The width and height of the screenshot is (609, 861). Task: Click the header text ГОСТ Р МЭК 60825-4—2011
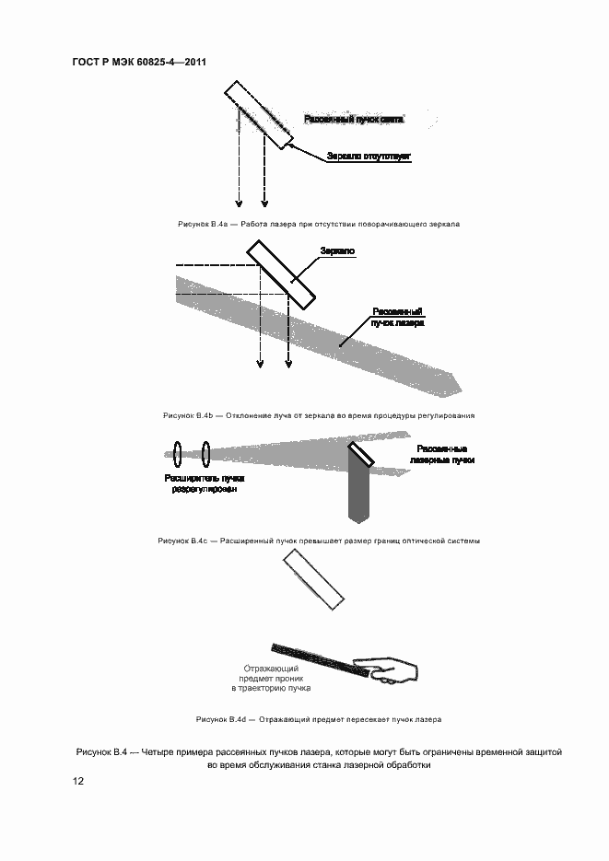(x=138, y=63)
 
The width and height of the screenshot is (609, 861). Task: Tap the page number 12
(x=78, y=781)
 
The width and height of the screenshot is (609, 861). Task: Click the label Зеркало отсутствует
(x=369, y=157)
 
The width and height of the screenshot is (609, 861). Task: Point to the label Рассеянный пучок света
(x=355, y=120)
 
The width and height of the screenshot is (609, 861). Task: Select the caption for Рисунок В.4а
(x=318, y=224)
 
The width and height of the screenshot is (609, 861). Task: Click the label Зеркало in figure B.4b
(x=337, y=250)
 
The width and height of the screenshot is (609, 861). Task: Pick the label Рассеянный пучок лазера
(x=397, y=318)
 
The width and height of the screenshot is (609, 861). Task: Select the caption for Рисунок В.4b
(x=318, y=415)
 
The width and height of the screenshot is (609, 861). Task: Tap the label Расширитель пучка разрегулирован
(x=204, y=484)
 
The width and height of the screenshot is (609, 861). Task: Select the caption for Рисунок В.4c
(x=318, y=541)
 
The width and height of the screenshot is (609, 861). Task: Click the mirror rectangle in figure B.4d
(x=314, y=579)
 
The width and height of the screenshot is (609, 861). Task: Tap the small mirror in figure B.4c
(x=359, y=452)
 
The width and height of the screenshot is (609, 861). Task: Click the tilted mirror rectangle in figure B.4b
(x=281, y=271)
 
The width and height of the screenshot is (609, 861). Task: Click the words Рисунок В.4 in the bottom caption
(x=100, y=752)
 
